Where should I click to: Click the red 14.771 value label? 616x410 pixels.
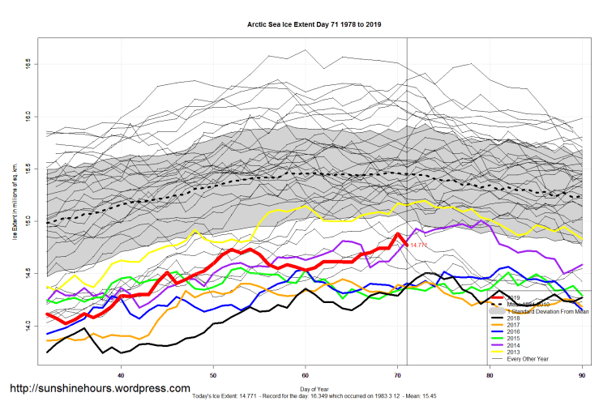[418, 244]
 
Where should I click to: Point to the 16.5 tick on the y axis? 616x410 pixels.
[28, 62]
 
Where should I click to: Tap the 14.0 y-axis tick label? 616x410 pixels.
[28, 326]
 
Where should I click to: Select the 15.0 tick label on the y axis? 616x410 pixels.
[28, 220]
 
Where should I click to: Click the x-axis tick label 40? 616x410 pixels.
[121, 374]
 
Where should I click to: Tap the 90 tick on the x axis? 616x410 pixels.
[582, 374]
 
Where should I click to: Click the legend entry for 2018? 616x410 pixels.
[513, 318]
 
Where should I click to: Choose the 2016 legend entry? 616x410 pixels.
[513, 332]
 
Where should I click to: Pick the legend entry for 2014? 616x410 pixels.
[513, 345]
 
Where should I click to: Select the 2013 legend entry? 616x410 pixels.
[513, 352]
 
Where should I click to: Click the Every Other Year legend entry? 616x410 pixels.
[529, 359]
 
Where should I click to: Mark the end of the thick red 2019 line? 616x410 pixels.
[406, 243]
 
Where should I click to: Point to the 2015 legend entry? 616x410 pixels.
[513, 339]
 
